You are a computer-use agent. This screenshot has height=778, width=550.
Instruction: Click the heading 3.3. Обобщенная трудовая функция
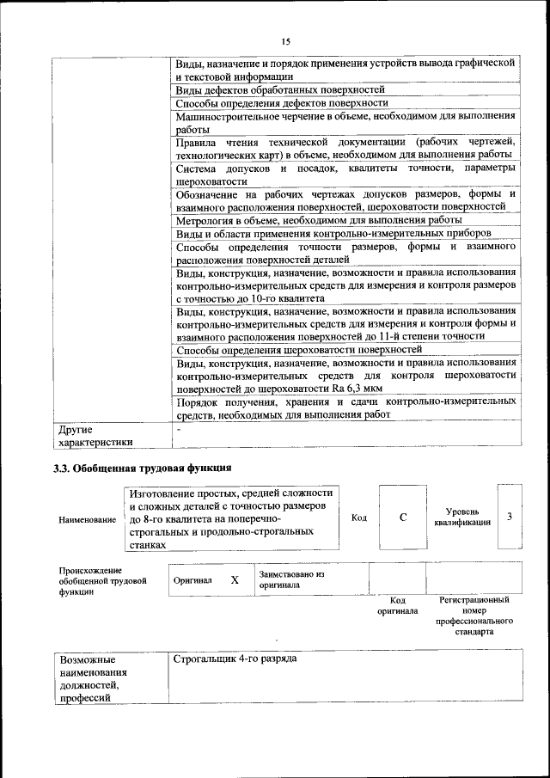tap(144, 468)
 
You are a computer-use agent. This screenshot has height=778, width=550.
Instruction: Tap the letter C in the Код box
tap(403, 517)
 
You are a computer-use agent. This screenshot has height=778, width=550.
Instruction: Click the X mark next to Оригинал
tap(235, 580)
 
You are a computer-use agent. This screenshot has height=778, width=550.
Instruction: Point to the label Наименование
tap(87, 519)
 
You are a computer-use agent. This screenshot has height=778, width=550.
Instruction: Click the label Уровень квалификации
tap(462, 517)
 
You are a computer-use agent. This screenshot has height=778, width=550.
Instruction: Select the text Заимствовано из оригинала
tap(290, 579)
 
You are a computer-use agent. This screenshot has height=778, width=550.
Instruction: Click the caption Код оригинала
tap(397, 605)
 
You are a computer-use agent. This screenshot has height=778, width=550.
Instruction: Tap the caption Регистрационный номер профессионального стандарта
tap(474, 615)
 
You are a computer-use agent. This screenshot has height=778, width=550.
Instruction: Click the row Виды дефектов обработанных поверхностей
tap(280, 89)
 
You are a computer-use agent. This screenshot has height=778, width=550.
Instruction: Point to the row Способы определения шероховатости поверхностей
tap(299, 350)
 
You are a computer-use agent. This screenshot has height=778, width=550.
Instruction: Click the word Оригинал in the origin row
tap(192, 580)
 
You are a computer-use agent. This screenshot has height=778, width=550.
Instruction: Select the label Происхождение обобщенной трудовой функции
tap(102, 580)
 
